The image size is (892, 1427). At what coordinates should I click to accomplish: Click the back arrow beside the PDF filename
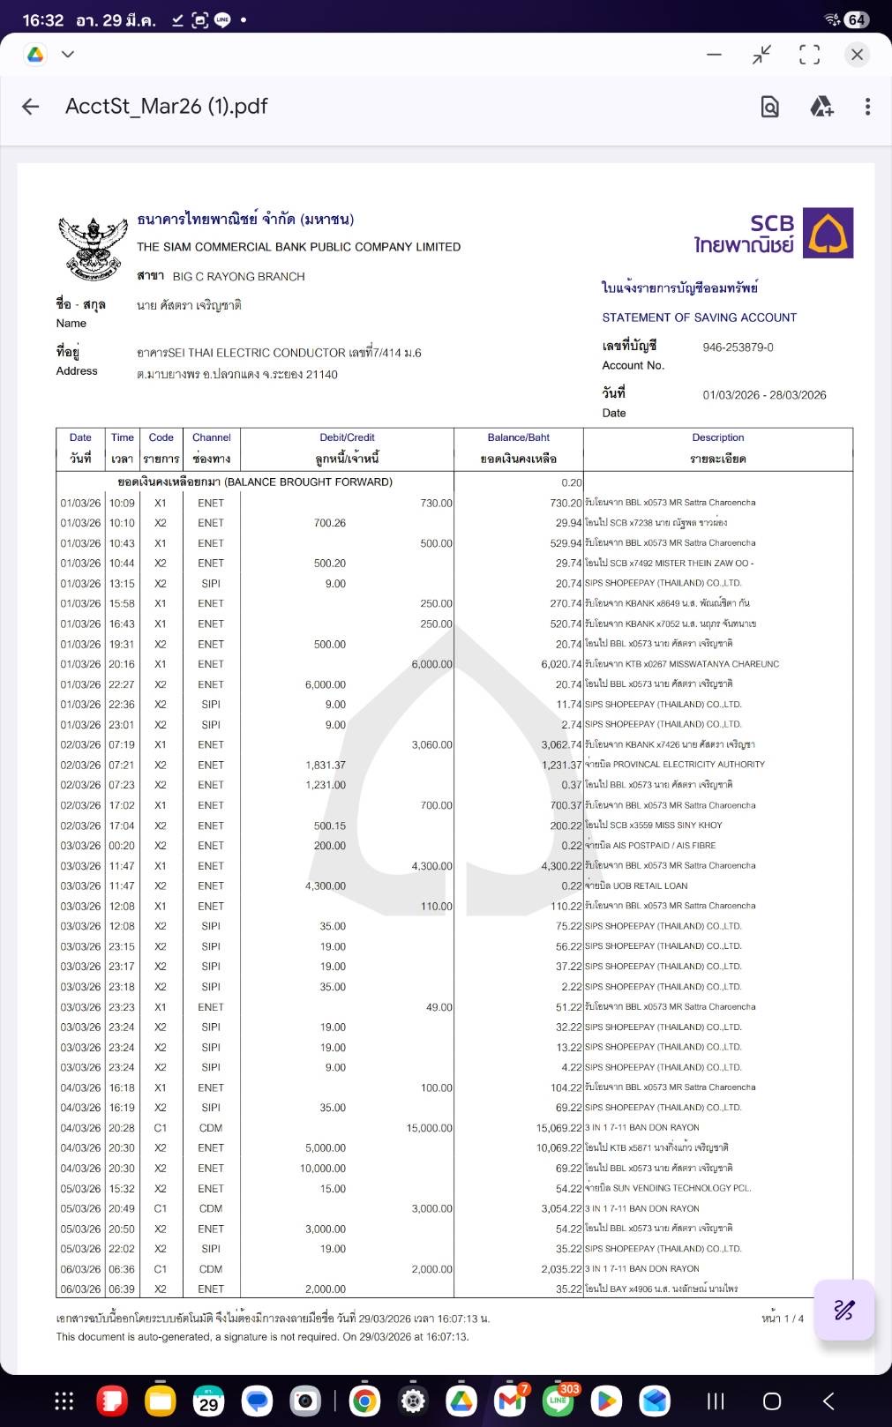(31, 107)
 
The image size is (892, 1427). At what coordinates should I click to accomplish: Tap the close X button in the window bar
(856, 55)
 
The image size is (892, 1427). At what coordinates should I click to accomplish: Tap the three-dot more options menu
(867, 107)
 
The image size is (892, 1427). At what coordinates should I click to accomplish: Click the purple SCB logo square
(828, 233)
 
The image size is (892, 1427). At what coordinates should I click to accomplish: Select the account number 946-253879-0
(738, 347)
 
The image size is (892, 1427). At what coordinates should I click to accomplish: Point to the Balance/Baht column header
(518, 437)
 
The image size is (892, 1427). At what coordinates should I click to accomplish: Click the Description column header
(717, 437)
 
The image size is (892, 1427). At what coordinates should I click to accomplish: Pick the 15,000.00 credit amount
(429, 1128)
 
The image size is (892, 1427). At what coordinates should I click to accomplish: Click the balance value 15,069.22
(558, 1128)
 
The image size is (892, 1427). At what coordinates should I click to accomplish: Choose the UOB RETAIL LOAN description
(636, 885)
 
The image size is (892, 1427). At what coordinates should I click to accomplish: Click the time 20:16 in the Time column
(122, 664)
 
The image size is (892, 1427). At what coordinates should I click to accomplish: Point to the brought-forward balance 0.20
(571, 482)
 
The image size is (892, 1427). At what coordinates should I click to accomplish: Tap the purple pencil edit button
(843, 1310)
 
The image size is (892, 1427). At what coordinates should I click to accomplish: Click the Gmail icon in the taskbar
(510, 1401)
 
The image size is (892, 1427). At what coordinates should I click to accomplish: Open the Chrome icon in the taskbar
(364, 1401)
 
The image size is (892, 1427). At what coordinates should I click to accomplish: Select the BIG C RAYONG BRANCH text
(238, 276)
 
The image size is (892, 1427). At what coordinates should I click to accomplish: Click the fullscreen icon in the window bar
(809, 55)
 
